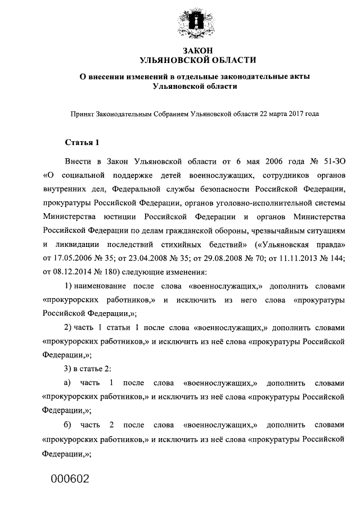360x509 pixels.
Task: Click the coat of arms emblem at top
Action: pos(196,22)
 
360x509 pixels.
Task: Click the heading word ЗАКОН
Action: pos(196,51)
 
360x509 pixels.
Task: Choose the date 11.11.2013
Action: pos(304,258)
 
